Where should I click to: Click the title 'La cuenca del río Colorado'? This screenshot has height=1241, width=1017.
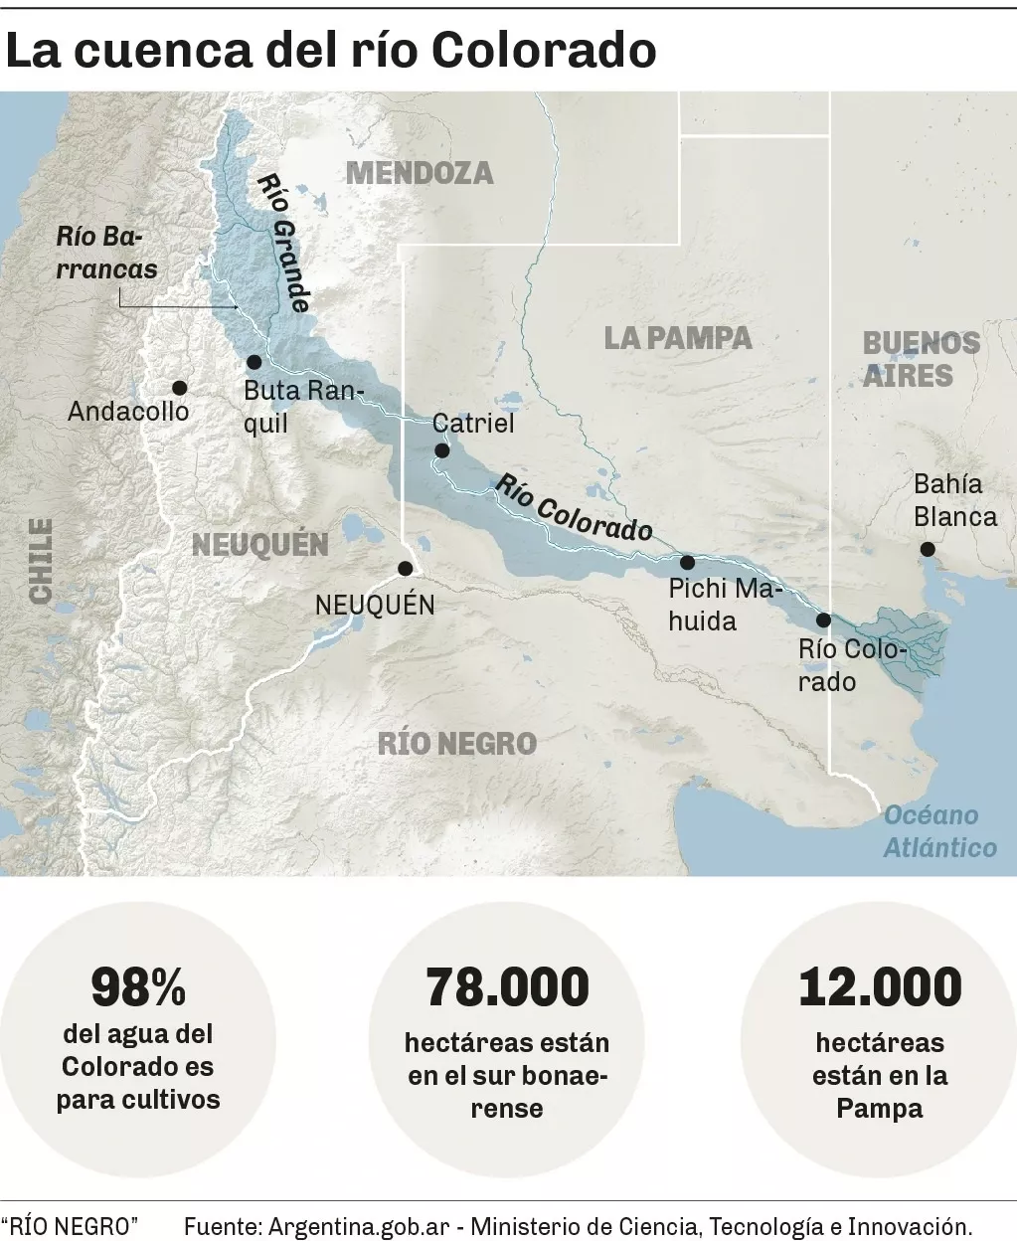pyautogui.click(x=331, y=50)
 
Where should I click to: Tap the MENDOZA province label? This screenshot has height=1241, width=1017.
pyautogui.click(x=420, y=173)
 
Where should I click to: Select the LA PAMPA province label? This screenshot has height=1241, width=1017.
pyautogui.click(x=678, y=338)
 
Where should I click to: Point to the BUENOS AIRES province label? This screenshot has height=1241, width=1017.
pyautogui.click(x=921, y=360)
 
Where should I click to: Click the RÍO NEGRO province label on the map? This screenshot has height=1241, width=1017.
pyautogui.click(x=457, y=743)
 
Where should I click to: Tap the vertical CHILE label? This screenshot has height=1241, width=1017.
pyautogui.click(x=41, y=562)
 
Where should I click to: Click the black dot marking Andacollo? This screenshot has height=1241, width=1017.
pyautogui.click(x=179, y=388)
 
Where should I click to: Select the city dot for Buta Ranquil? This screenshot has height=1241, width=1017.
pyautogui.click(x=254, y=362)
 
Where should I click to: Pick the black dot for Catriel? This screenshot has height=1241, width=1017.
pyautogui.click(x=442, y=451)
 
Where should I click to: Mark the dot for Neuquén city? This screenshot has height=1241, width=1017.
pyautogui.click(x=405, y=569)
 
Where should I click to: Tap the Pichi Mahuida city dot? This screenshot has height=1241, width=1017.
pyautogui.click(x=687, y=562)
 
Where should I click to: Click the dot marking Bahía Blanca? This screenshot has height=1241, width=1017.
pyautogui.click(x=928, y=549)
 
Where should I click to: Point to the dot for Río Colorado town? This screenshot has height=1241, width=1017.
pyautogui.click(x=823, y=620)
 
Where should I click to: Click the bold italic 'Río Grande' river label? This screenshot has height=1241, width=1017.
pyautogui.click(x=284, y=244)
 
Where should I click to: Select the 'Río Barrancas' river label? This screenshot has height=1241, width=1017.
pyautogui.click(x=105, y=253)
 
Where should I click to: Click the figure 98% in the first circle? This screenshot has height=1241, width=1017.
pyautogui.click(x=138, y=987)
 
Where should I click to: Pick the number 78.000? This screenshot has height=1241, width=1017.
pyautogui.click(x=507, y=987)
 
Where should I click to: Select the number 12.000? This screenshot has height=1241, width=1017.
pyautogui.click(x=880, y=987)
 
